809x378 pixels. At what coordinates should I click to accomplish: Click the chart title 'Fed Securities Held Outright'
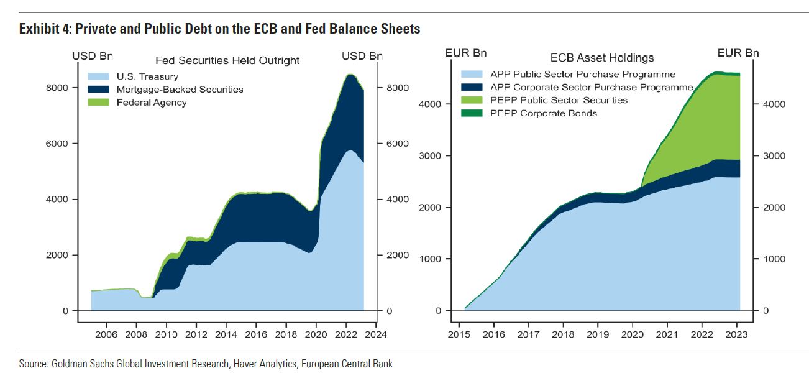tap(227, 60)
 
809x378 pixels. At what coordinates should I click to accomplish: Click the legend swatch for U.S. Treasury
tap(99, 77)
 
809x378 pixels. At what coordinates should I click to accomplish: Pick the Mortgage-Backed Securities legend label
tap(180, 90)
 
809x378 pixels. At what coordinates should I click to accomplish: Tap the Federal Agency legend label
tap(152, 102)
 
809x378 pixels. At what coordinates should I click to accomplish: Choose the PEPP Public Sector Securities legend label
tap(559, 100)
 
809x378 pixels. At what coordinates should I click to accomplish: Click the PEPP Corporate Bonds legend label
tap(544, 113)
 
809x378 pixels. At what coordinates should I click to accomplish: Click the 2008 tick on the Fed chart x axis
tap(136, 334)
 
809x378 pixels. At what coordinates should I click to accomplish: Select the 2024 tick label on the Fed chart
tap(376, 334)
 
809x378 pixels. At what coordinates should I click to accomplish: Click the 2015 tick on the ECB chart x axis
tap(459, 334)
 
